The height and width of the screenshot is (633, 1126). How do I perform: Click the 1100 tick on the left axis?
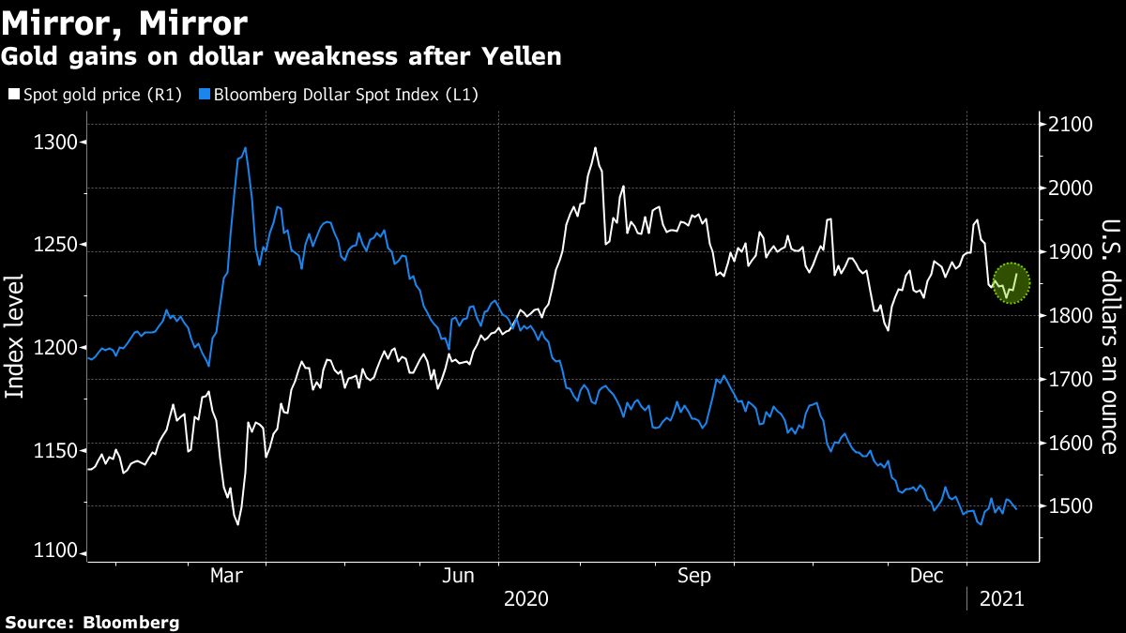(x=54, y=552)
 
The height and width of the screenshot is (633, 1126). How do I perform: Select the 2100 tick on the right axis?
(x=1071, y=125)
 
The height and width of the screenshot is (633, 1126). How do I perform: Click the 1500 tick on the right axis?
(x=1071, y=506)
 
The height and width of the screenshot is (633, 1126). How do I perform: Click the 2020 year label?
(x=527, y=597)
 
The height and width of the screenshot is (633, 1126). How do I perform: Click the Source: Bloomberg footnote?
(x=91, y=622)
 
